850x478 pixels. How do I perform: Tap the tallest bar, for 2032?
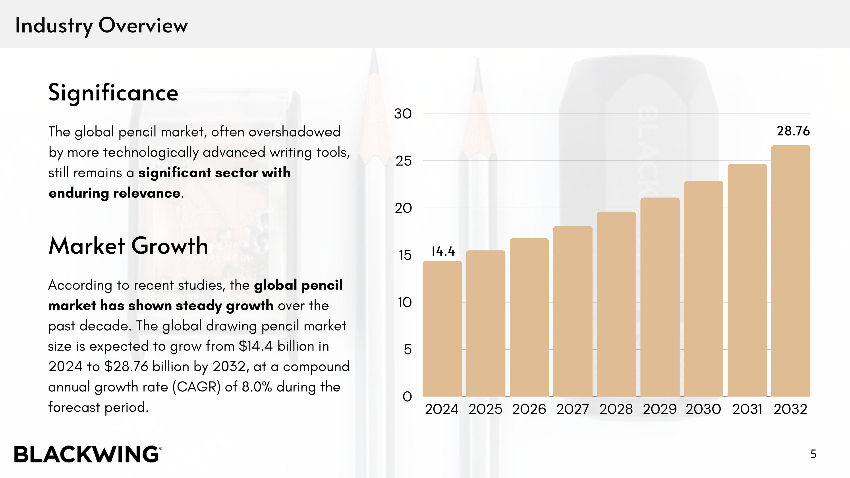(x=791, y=270)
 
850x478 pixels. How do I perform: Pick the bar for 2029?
(x=660, y=297)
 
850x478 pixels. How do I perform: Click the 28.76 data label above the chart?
(x=793, y=131)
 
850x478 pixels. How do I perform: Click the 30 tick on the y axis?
(x=403, y=114)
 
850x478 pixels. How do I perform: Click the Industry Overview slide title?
(x=101, y=25)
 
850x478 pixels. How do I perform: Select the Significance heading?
(x=113, y=93)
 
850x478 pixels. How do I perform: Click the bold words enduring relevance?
(x=114, y=193)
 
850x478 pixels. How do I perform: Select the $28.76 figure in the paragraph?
(x=126, y=366)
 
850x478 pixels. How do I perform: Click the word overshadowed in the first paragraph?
(x=294, y=132)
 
